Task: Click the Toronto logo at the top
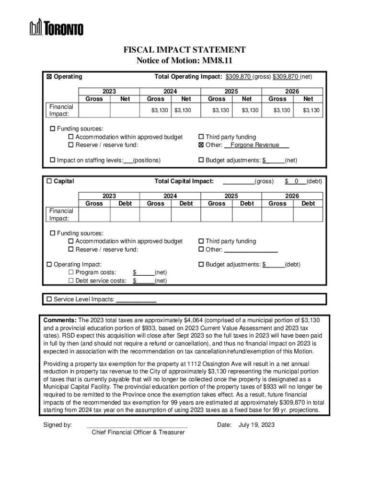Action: click(x=57, y=27)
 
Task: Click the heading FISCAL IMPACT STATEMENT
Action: click(x=184, y=50)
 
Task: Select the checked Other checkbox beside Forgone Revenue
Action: click(x=201, y=145)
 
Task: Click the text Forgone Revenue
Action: click(x=255, y=145)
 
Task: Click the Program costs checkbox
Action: click(x=71, y=273)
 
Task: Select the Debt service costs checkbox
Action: click(x=71, y=281)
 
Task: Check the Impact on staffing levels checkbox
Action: click(x=52, y=160)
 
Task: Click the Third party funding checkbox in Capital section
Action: click(x=201, y=241)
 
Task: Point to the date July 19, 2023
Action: click(x=256, y=425)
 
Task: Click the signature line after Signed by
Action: click(x=137, y=426)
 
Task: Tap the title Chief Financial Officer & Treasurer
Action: click(x=138, y=433)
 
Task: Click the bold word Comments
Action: click(x=60, y=320)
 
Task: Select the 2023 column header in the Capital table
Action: click(x=109, y=196)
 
